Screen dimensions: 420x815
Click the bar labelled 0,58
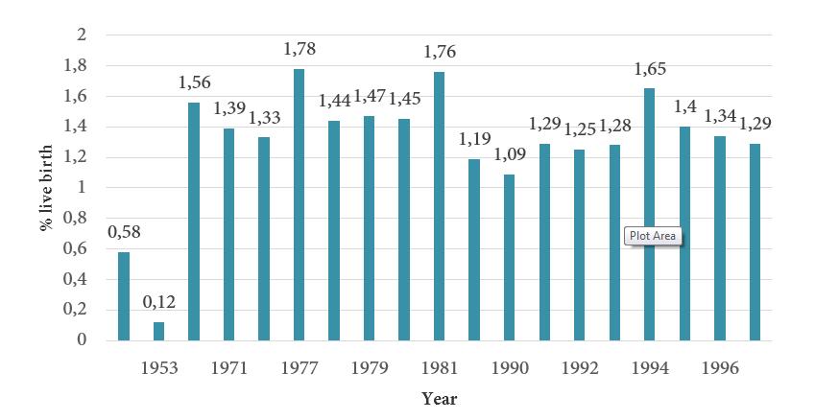point(123,296)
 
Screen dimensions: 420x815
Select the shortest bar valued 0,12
point(158,331)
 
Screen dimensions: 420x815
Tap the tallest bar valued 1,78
point(299,204)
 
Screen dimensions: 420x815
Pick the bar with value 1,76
point(439,206)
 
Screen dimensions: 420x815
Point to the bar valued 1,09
point(509,257)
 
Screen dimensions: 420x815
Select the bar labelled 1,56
point(193,222)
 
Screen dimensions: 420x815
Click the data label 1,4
point(685,106)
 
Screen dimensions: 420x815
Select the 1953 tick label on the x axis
point(157,366)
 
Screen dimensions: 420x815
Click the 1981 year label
point(439,366)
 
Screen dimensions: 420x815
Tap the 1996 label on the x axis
point(720,366)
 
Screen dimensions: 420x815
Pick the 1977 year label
point(299,366)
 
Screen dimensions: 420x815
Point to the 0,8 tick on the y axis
point(87,218)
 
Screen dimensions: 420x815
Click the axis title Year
point(440,398)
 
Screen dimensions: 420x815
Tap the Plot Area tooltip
point(653,236)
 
